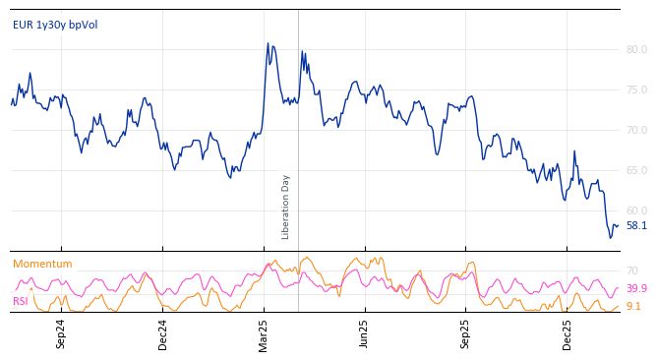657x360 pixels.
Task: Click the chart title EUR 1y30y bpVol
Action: click(55, 25)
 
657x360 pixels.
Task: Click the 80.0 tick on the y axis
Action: click(636, 49)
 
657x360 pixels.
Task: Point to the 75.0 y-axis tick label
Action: click(636, 90)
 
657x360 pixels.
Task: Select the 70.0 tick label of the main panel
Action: click(636, 130)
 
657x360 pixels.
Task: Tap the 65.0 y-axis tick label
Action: click(636, 170)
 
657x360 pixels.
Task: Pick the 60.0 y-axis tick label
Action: click(636, 210)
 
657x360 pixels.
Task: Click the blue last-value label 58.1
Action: click(636, 225)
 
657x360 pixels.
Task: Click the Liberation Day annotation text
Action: click(286, 207)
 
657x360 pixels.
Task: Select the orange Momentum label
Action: click(42, 264)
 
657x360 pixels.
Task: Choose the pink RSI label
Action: click(21, 301)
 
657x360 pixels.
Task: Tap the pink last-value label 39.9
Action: click(636, 288)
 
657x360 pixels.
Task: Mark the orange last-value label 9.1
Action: click(633, 306)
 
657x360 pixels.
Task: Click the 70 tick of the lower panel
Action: click(631, 270)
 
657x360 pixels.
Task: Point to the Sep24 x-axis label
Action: click(61, 333)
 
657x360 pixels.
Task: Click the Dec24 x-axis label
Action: click(163, 333)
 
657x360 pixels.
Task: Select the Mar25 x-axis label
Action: click(264, 333)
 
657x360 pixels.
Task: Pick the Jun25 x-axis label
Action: click(365, 333)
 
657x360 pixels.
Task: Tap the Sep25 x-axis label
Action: click(466, 333)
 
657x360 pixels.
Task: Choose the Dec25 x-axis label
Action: click(567, 333)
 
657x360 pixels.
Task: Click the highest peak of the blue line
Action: click(268, 43)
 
